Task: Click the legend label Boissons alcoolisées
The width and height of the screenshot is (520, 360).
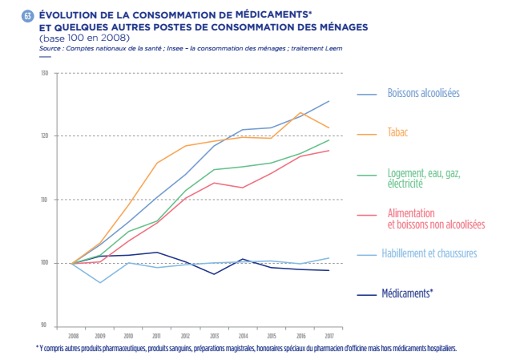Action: [423, 93]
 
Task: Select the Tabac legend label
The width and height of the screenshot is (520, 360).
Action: [398, 131]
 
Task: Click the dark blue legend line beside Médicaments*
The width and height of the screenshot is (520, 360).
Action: [366, 294]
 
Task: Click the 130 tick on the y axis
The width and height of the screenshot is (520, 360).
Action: [45, 74]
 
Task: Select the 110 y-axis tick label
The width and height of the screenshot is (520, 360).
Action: [45, 200]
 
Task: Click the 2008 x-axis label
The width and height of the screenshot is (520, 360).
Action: [73, 336]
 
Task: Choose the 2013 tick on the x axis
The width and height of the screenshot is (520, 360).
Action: [214, 336]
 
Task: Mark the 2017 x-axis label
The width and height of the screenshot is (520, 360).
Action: [329, 336]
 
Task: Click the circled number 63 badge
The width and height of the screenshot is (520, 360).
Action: [28, 17]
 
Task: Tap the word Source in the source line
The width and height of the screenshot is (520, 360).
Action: [50, 49]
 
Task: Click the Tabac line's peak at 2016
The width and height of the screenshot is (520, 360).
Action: [300, 112]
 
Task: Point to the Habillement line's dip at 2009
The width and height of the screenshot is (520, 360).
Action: [100, 282]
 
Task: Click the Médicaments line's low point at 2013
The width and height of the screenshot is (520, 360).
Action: [214, 274]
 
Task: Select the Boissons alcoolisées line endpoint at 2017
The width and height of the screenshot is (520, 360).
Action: [329, 101]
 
